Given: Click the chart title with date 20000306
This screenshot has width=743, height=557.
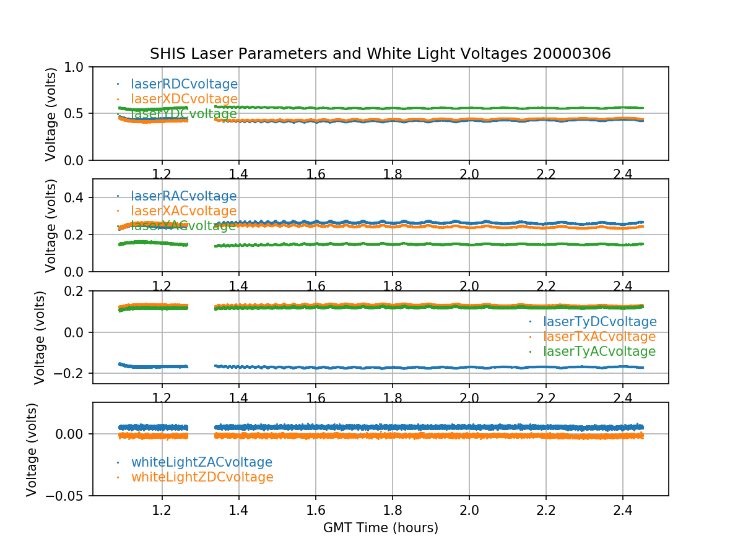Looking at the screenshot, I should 380,54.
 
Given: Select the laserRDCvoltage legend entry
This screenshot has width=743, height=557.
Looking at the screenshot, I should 184,84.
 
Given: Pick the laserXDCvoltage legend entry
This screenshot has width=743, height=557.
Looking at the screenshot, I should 184,99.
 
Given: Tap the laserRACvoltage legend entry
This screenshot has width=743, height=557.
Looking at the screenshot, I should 183,196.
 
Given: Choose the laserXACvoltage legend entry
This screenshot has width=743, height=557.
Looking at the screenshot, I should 183,211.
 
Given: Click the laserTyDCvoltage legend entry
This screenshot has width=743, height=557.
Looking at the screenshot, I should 599,322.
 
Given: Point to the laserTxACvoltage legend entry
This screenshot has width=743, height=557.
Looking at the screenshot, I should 599,337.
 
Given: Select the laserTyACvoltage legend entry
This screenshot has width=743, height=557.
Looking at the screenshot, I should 599,352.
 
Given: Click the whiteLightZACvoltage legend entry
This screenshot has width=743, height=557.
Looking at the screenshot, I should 201,462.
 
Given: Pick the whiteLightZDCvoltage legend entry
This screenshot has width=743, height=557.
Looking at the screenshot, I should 202,477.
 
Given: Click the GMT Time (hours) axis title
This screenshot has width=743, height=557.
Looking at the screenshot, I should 380,528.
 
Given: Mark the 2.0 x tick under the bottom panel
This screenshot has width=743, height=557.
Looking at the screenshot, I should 469,511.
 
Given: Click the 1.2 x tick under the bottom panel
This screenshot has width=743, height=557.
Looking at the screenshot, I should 162,511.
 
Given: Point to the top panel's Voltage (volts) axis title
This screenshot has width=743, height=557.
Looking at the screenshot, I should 51,114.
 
